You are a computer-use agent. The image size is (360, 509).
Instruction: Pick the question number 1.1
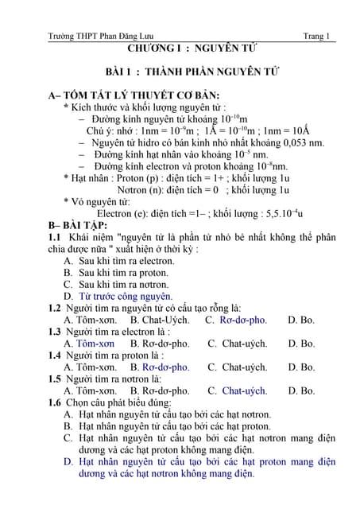55,237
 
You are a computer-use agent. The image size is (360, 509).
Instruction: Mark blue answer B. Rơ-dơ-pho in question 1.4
160,367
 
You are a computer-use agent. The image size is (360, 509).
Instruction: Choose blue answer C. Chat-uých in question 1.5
236,390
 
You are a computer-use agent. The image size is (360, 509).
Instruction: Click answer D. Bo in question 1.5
302,390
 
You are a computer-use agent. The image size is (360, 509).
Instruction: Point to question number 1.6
55,402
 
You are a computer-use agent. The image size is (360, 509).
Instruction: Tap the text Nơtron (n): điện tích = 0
168,190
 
